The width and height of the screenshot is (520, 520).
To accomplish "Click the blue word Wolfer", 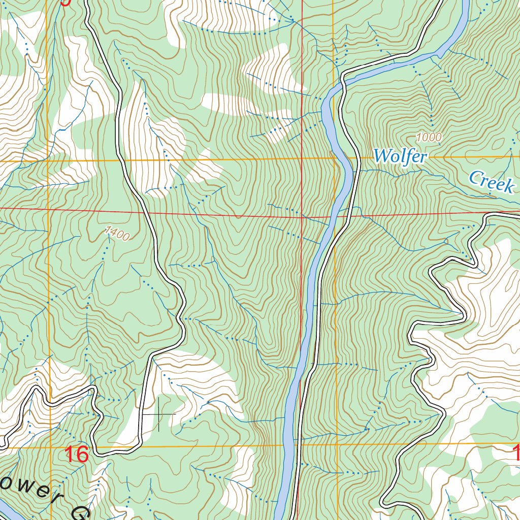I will pos(400,156).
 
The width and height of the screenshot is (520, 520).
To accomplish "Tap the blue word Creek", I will pos(491,181).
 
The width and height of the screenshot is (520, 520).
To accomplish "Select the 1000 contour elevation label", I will pos(429,137).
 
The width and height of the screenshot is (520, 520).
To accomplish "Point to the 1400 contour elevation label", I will pos(117,233).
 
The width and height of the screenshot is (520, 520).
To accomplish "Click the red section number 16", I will pos(77,454).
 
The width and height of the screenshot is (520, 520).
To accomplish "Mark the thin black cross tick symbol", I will pos(158,414).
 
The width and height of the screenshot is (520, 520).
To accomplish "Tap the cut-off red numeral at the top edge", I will pos(65,3).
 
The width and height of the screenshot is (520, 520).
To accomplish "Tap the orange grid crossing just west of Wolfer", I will pos(335,159).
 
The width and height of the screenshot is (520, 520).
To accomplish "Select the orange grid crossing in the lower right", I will pos(337,445).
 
